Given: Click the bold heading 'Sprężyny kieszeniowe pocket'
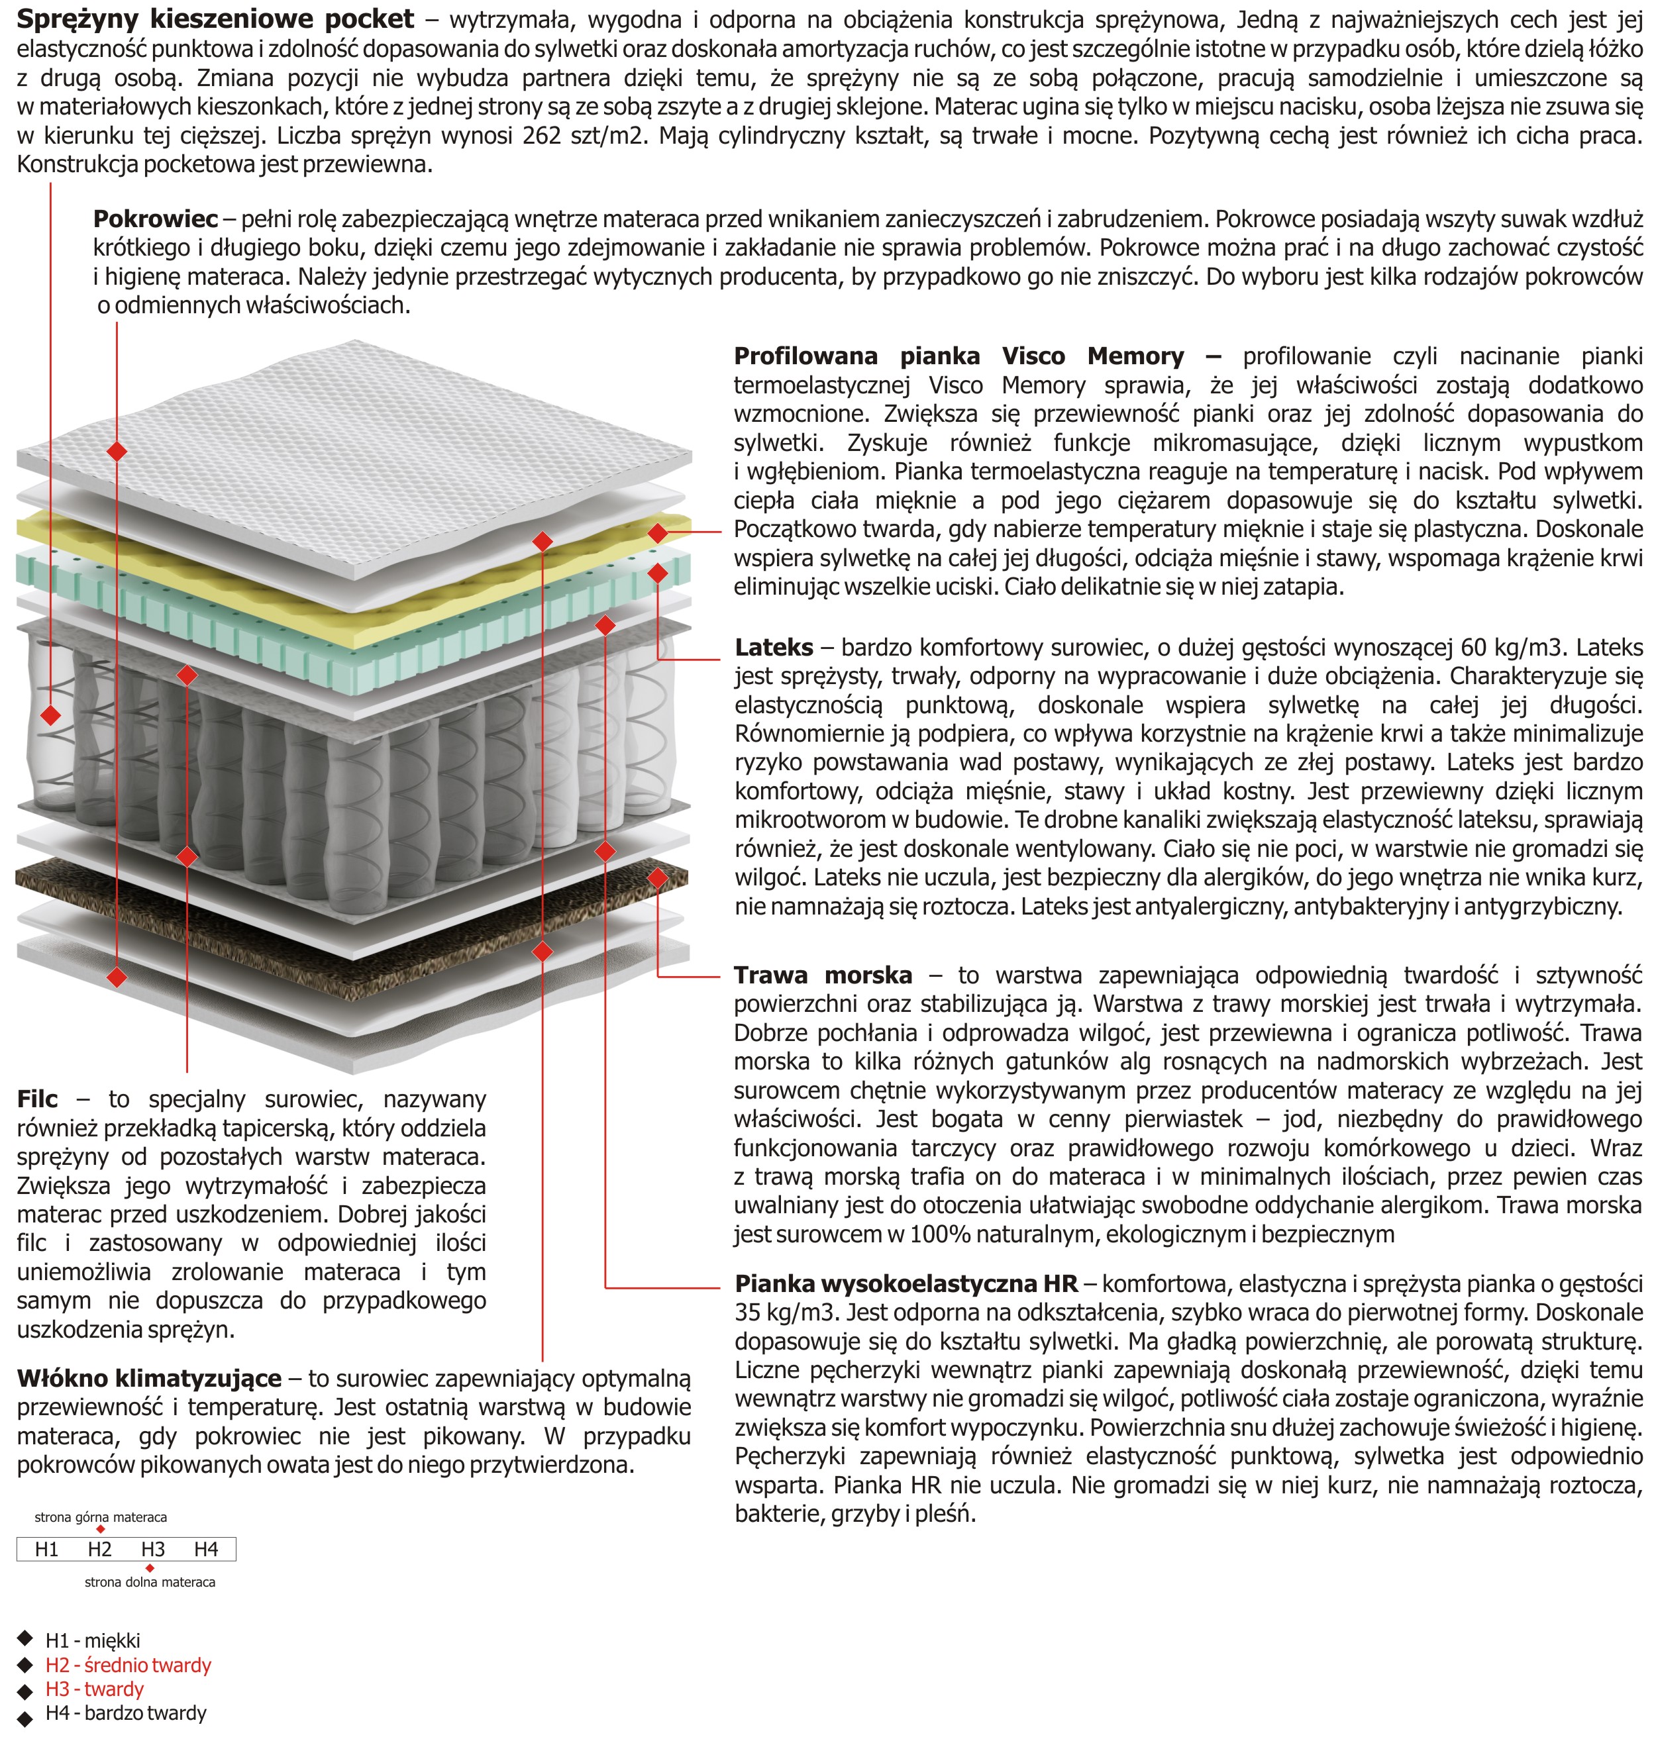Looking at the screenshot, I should (x=215, y=19).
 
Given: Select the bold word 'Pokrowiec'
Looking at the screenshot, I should (x=156, y=219).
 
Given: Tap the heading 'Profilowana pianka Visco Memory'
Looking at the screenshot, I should (x=958, y=356).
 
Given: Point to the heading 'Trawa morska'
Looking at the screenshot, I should (x=823, y=975).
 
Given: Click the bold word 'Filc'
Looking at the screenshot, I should (x=37, y=1099).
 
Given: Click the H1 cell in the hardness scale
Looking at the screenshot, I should (x=47, y=1549).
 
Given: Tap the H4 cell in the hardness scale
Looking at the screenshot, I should (x=206, y=1549).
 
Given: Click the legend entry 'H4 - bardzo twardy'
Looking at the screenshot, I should (x=127, y=1713).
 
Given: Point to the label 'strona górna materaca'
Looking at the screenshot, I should (x=101, y=1517).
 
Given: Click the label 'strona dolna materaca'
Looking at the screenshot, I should (x=150, y=1582).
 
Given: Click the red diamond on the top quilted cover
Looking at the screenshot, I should (x=117, y=452).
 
